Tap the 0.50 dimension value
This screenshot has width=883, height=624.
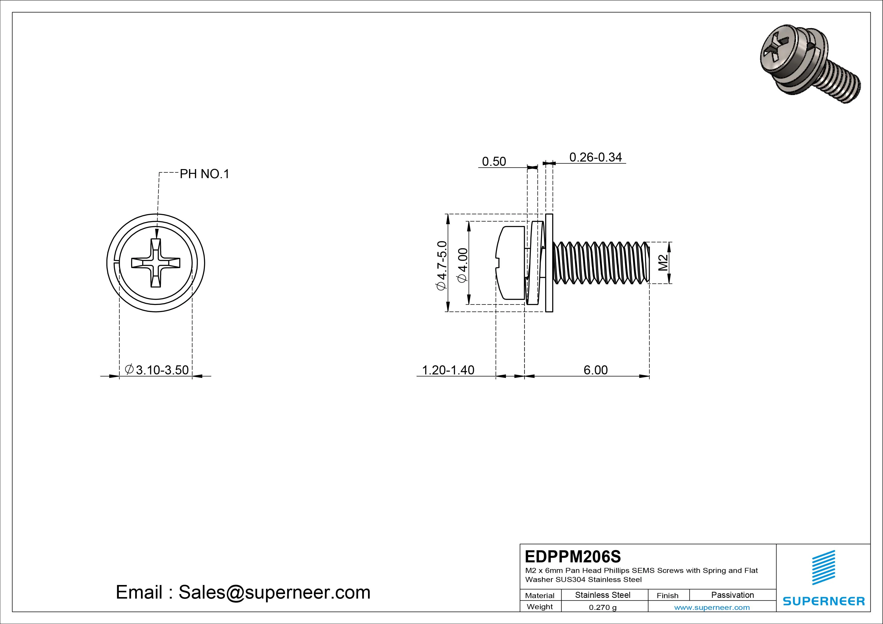[x=494, y=162]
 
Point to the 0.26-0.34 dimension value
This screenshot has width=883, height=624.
[x=595, y=157]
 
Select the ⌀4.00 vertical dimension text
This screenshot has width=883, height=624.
[x=463, y=265]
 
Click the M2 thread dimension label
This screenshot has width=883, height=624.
[x=663, y=263]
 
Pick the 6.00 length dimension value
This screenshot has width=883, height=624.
[x=595, y=370]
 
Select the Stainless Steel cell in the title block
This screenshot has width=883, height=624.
[x=603, y=595]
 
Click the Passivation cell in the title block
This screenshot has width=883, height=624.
[x=732, y=595]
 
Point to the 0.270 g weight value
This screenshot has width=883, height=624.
[x=603, y=607]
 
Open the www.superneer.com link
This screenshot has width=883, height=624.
[x=712, y=607]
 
